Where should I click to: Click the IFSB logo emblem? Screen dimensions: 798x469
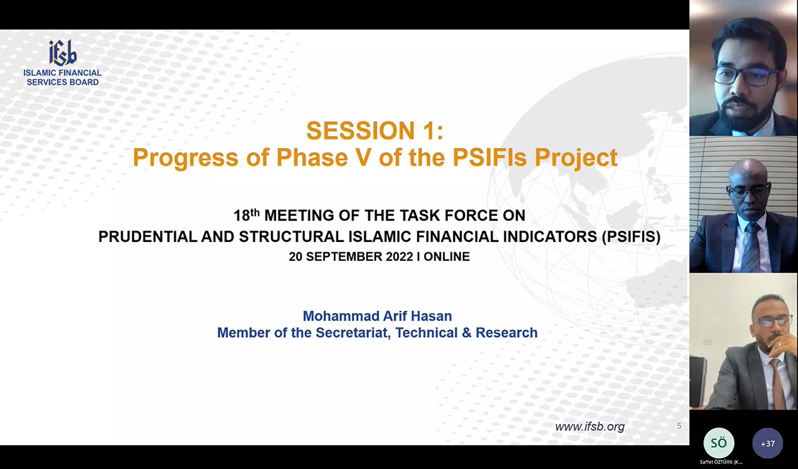coord(63,52)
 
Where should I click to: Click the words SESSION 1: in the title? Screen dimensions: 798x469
coord(375,130)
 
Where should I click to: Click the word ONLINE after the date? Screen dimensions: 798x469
coord(447,257)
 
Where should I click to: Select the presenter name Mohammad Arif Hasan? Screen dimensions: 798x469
coord(377,316)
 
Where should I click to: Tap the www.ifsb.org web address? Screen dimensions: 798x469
coord(589,427)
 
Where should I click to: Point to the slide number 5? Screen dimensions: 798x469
coord(679,426)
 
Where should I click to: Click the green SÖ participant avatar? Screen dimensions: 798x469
coord(718,443)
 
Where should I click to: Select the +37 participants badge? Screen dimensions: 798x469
coord(768,444)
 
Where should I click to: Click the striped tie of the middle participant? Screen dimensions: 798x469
coord(750,248)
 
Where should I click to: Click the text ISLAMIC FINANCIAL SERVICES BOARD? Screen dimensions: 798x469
coord(63,78)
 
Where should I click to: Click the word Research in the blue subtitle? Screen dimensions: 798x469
coord(507,333)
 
